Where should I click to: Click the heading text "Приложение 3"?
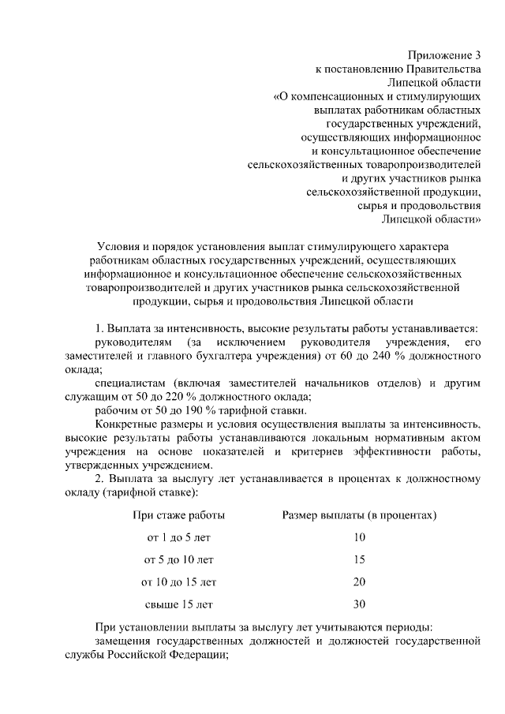(444, 54)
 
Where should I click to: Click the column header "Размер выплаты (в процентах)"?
(360, 515)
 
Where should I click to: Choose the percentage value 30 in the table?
(360, 605)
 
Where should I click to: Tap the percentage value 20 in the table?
(360, 582)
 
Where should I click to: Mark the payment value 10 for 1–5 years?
(360, 537)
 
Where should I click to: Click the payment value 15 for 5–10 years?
(360, 560)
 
